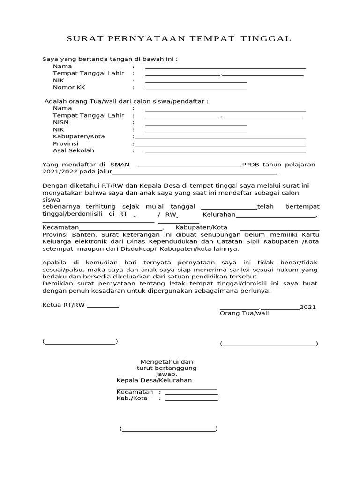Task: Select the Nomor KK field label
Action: (69, 87)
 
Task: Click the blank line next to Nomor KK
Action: (196, 89)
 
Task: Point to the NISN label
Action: (60, 122)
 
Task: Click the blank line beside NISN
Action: (196, 124)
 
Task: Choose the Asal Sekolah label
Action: (74, 150)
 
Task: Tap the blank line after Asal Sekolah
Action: (225, 152)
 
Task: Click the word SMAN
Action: (120, 165)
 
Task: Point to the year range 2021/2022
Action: (60, 172)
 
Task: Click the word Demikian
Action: (58, 284)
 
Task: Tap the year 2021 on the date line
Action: (307, 307)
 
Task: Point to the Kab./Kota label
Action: (132, 398)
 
